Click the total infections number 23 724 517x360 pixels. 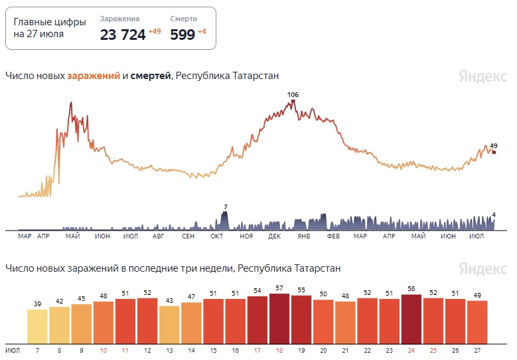pos(123,35)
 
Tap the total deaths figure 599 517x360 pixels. pos(183,35)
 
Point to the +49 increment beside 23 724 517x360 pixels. pos(154,31)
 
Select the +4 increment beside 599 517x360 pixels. pos(202,31)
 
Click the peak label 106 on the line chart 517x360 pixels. pos(293,95)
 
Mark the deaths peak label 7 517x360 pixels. pos(226,207)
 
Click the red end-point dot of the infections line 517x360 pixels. pos(494,152)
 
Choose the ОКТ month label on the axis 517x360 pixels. pos(216,236)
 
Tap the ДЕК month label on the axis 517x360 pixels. pos(274,236)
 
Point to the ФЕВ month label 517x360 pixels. pos(333,236)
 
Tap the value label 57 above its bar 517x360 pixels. pos(279,288)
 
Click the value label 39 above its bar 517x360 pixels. pos(37,304)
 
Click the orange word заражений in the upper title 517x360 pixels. pos(94,76)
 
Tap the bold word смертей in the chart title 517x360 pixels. pos(151,76)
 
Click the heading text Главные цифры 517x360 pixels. pos(50,22)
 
